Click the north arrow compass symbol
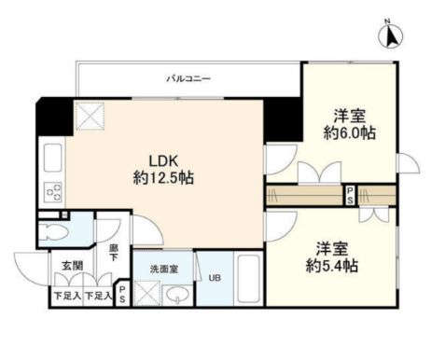coord(389,35)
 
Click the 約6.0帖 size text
coord(350,133)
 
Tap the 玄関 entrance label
coord(73,266)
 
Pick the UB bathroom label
coord(215,277)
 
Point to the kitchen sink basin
coord(53,159)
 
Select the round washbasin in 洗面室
coord(176,297)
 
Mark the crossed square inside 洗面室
coord(146,294)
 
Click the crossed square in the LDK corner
coord(90,117)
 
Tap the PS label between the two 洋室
coord(350,196)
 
